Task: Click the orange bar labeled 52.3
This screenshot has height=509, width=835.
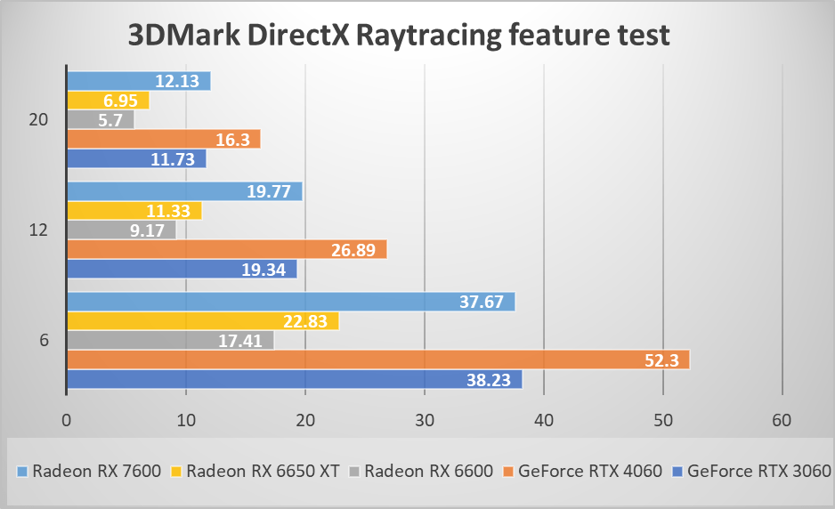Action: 378,360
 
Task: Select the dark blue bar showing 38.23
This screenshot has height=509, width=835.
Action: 294,380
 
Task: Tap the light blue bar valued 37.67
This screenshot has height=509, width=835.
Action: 291,303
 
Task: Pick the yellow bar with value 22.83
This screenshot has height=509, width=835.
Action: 203,322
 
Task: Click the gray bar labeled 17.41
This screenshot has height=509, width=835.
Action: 170,341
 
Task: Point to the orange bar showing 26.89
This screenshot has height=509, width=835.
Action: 227,250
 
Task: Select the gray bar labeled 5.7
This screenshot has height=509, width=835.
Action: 101,119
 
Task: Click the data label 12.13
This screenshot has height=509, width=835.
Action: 177,81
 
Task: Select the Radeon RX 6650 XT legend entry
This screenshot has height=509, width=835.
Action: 255,471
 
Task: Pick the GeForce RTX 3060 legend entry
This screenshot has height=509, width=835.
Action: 750,471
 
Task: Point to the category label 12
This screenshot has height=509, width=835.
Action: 38,230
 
